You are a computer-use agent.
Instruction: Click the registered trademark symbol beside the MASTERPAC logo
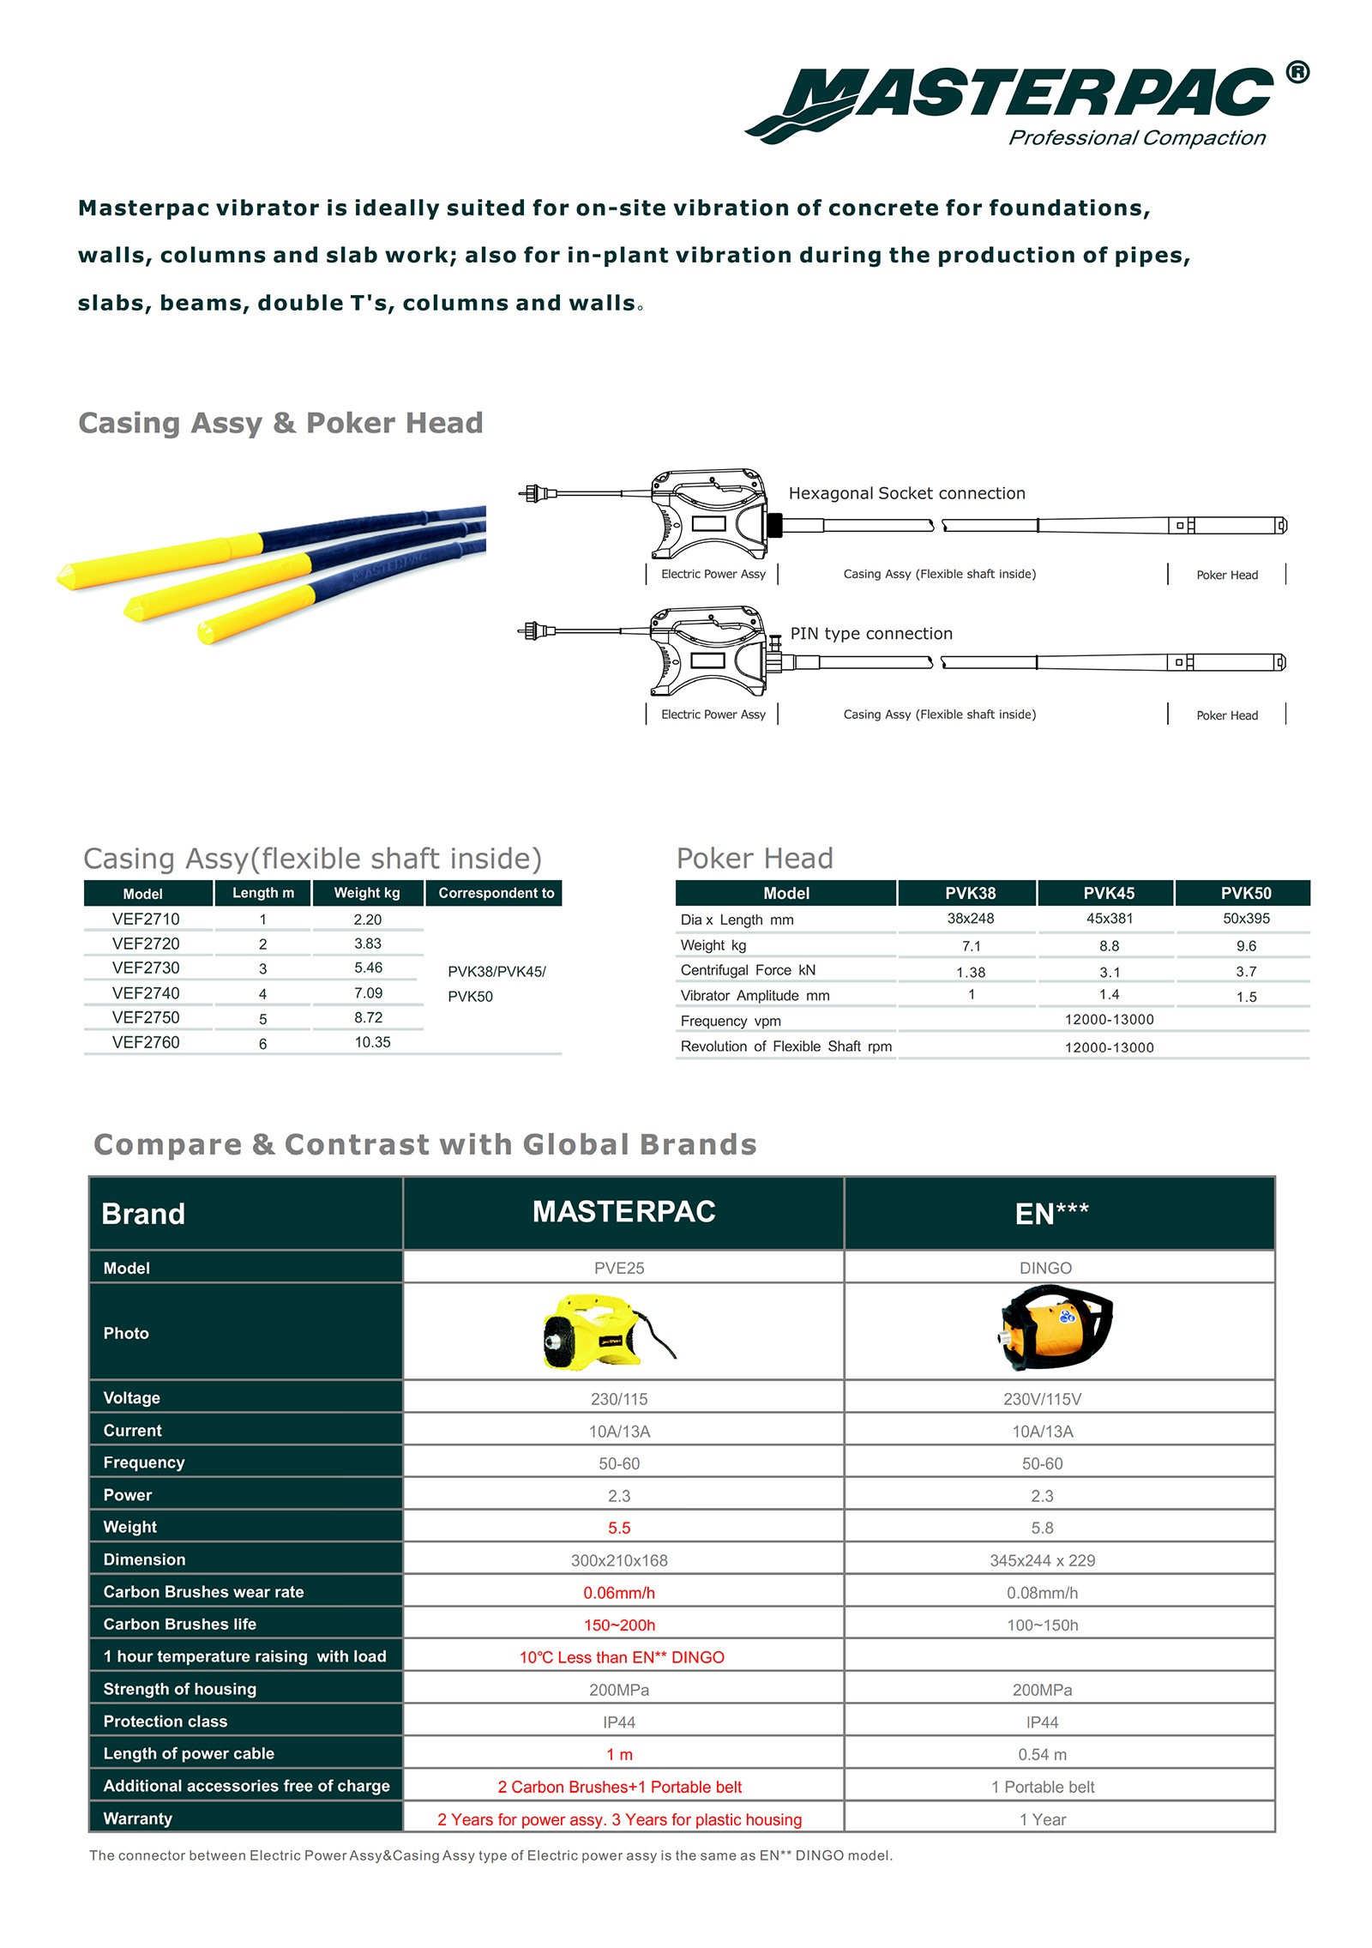pos(1297,73)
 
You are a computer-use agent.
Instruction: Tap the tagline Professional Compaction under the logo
pos(1136,138)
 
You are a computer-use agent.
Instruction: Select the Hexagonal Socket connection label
pos(906,493)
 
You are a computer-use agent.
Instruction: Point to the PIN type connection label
pos(871,634)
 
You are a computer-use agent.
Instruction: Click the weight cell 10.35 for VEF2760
pos(372,1042)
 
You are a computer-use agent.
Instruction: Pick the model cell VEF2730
pos(146,968)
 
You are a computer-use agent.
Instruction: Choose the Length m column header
pos(263,893)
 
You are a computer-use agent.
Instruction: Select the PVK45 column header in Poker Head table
pos(1108,893)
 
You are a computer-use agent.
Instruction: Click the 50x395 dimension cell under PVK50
pos(1246,919)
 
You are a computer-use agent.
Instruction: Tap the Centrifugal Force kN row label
pos(748,970)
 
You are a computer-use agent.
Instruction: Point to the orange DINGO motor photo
pos(1055,1329)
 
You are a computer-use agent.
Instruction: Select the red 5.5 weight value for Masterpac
pos(619,1528)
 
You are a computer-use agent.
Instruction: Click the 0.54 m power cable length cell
pos(1042,1754)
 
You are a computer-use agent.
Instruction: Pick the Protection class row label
pos(165,1722)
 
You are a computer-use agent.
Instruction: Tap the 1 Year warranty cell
pos(1043,1819)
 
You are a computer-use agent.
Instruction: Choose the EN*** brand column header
pos(1051,1214)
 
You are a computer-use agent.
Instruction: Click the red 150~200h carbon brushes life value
pos(619,1625)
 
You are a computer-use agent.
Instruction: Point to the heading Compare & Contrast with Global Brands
pos(425,1144)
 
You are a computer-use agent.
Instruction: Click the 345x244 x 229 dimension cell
pos(1042,1560)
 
